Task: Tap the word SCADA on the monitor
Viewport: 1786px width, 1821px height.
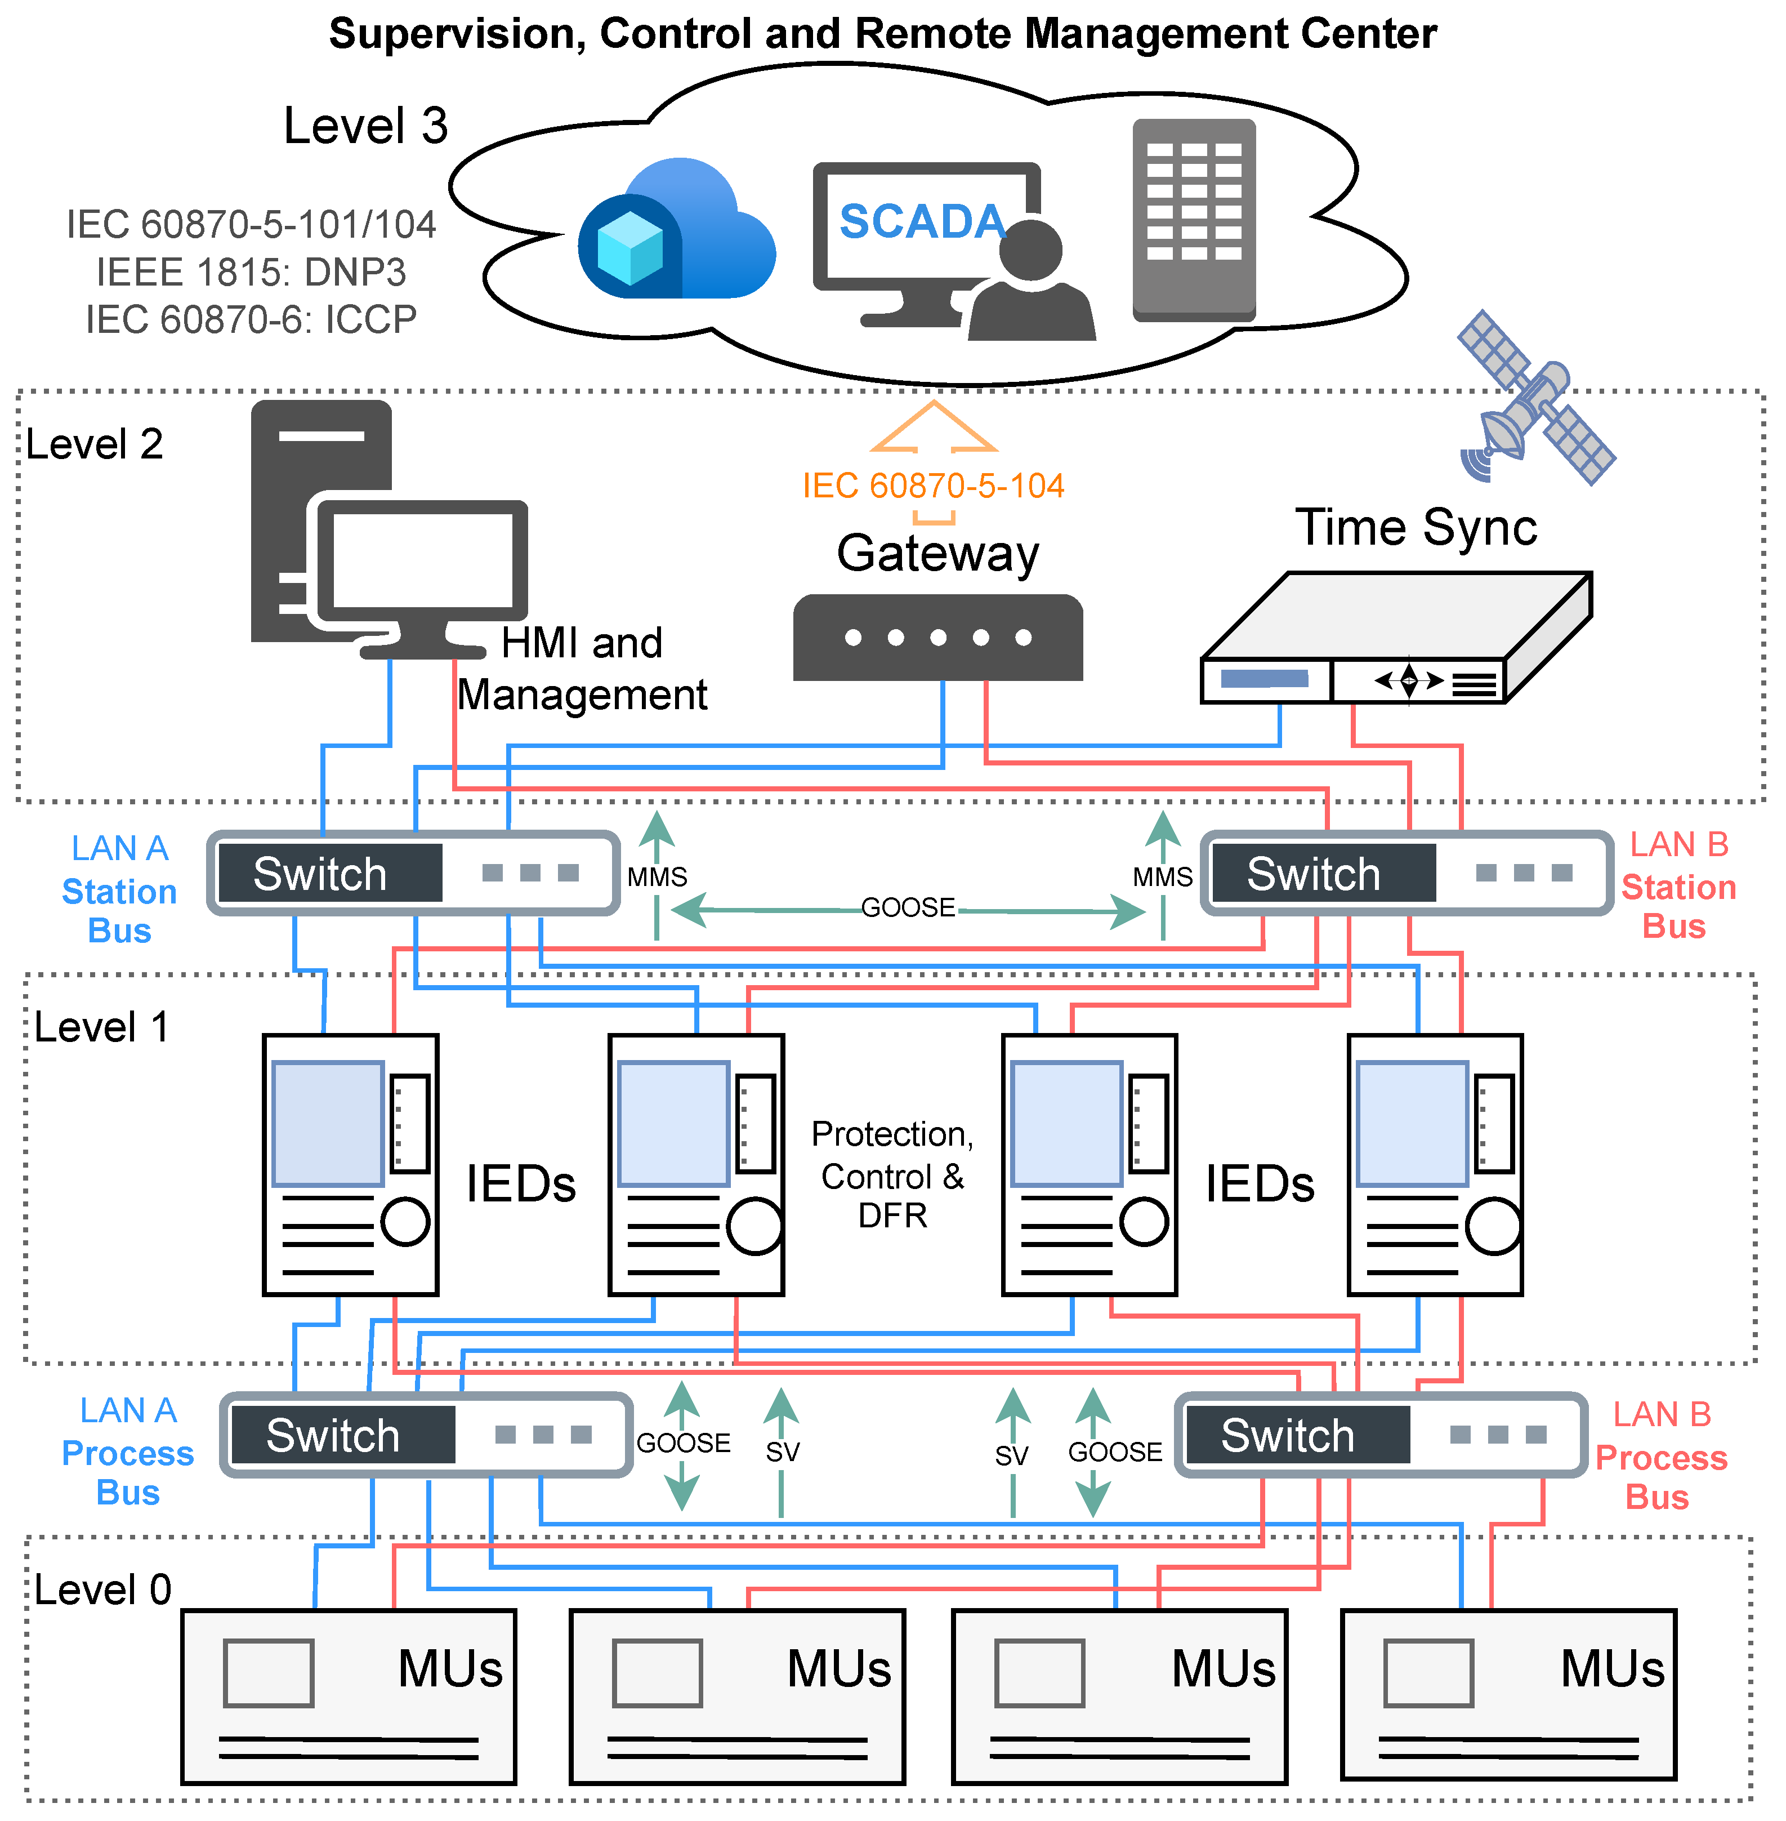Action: pyautogui.click(x=922, y=222)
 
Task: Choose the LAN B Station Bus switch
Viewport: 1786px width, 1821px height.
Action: pyautogui.click(x=1407, y=872)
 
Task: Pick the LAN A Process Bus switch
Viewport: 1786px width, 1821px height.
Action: pyautogui.click(x=426, y=1435)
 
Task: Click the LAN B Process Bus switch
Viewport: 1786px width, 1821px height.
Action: pyautogui.click(x=1381, y=1435)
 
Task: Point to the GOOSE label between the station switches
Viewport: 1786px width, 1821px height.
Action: pyautogui.click(x=908, y=907)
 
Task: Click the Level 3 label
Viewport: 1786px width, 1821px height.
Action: pyautogui.click(x=366, y=126)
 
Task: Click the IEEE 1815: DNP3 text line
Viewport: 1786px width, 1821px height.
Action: pyautogui.click(x=251, y=272)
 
